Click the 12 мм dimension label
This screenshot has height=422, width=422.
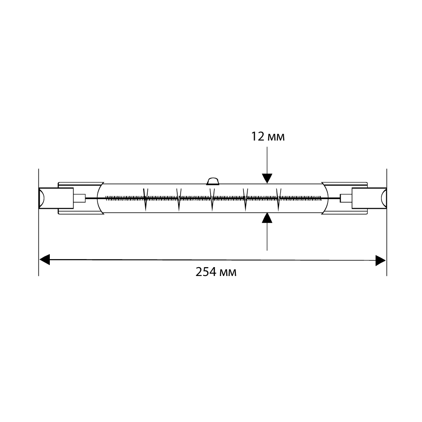[x=268, y=137]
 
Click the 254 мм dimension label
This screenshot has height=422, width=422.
[x=216, y=272]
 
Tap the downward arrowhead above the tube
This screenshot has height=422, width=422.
[x=267, y=179]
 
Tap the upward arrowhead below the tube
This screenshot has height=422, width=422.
[x=267, y=218]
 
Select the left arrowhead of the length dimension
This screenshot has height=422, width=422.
[x=45, y=260]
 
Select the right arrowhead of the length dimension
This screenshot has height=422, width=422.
[x=381, y=260]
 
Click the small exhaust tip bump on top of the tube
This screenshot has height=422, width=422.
[x=213, y=181]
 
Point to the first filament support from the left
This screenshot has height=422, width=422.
[x=146, y=200]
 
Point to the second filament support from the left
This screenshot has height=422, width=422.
[x=179, y=200]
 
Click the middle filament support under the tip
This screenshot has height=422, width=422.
[x=212, y=200]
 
